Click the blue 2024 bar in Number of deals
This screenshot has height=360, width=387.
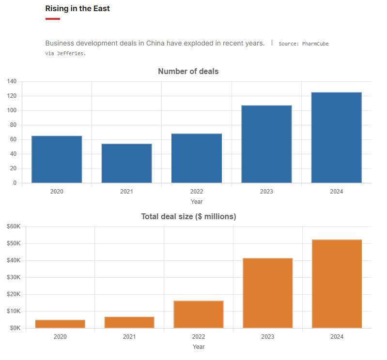(x=336, y=137)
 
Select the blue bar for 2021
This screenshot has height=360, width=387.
(x=126, y=163)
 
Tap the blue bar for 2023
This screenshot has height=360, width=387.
(x=266, y=144)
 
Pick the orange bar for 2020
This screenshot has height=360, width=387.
(x=60, y=324)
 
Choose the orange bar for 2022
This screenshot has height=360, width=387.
(x=199, y=314)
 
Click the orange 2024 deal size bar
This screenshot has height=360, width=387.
(x=336, y=284)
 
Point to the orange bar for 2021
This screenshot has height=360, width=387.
(x=129, y=322)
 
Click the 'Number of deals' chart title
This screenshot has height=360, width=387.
(x=188, y=72)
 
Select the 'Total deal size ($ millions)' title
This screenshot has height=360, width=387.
(x=188, y=216)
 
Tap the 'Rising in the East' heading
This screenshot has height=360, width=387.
(x=77, y=9)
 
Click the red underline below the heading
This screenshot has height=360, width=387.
(x=53, y=19)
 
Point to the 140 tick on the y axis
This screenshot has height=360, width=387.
(x=12, y=81)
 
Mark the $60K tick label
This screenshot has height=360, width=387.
(x=13, y=226)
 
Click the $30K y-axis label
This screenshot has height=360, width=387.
(x=13, y=277)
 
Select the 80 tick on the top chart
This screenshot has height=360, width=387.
(x=13, y=125)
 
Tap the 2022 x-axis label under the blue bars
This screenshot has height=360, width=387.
(x=196, y=191)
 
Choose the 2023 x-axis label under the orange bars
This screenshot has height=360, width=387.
(x=267, y=336)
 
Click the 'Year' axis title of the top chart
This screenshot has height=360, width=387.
(x=196, y=201)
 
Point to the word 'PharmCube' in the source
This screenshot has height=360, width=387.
(x=315, y=44)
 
